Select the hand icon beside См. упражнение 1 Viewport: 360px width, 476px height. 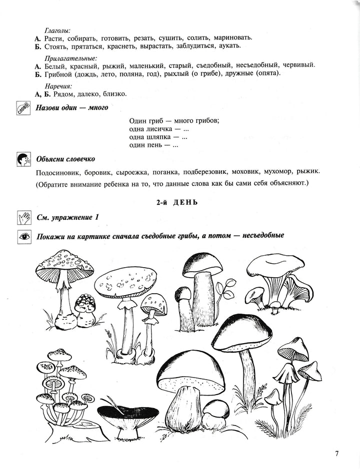pyautogui.click(x=23, y=217)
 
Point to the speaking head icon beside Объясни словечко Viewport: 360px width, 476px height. pyautogui.click(x=23, y=159)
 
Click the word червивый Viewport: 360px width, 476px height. pyautogui.click(x=298, y=65)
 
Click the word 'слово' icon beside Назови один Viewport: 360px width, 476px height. pyautogui.click(x=23, y=108)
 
